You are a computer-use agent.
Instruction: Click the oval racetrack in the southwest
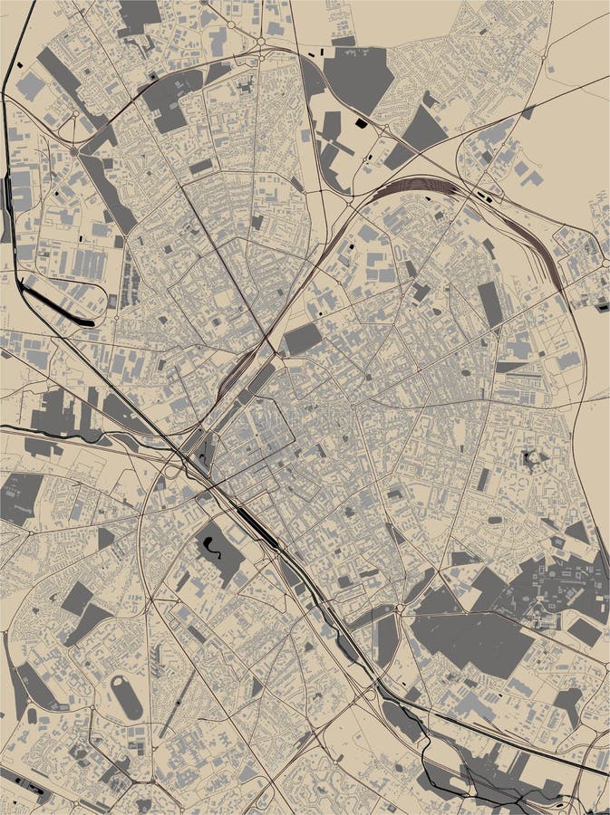pos(126,697)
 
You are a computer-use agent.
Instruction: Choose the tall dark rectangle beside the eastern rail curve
pos(490,304)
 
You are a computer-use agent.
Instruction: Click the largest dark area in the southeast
pos(471,638)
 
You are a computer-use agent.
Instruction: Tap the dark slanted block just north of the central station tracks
pos(303,339)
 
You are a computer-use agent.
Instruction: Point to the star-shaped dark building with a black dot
pos(531,460)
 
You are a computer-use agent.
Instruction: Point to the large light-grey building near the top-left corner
pos(31,87)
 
